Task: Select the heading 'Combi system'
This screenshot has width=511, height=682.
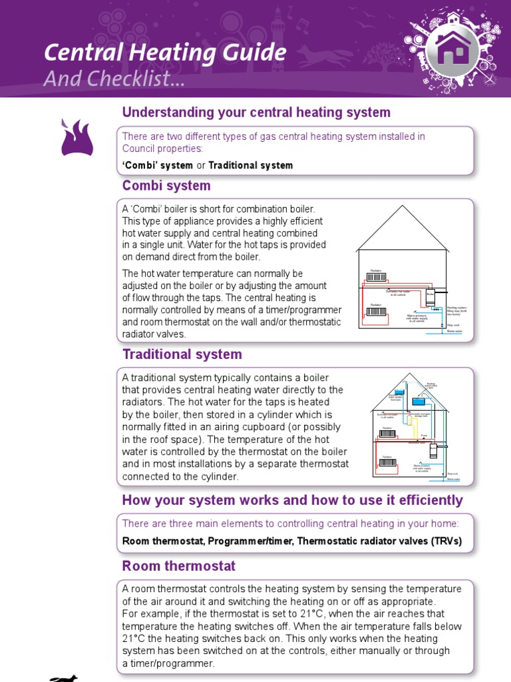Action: pyautogui.click(x=166, y=186)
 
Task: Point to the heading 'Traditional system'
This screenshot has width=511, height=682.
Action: pyautogui.click(x=182, y=354)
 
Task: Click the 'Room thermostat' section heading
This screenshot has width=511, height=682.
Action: pyautogui.click(x=178, y=566)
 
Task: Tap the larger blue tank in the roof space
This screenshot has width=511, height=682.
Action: pyautogui.click(x=420, y=401)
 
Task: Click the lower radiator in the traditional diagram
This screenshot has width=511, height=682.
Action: pyautogui.click(x=388, y=462)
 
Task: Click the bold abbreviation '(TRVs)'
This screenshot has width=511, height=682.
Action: pyautogui.click(x=444, y=541)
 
